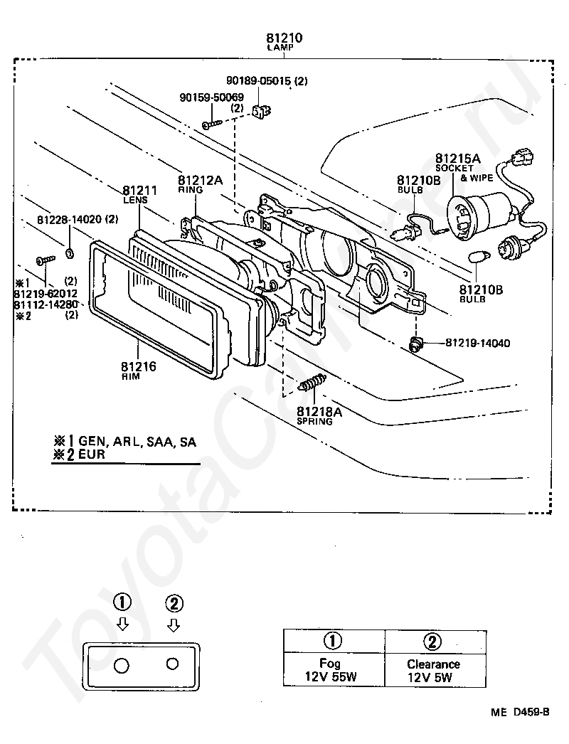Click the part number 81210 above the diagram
pos(284,38)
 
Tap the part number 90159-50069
pos(212,97)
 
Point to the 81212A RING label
pos(200,184)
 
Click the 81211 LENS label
pos(139,195)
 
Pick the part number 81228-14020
pos(69,220)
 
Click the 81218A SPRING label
pos(319,415)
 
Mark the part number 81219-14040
pos(477,343)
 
